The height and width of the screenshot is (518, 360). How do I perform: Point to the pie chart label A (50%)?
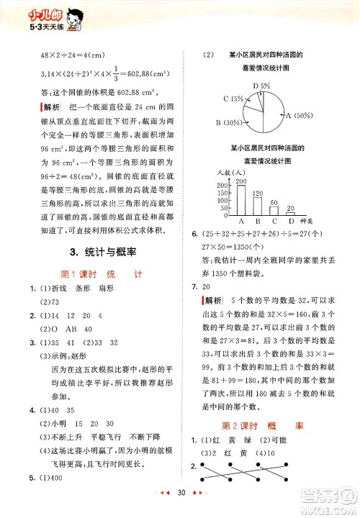click(299, 115)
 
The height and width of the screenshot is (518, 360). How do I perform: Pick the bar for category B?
click(256, 206)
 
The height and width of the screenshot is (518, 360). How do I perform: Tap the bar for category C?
click(273, 212)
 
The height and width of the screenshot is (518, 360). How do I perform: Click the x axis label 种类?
click(307, 223)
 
